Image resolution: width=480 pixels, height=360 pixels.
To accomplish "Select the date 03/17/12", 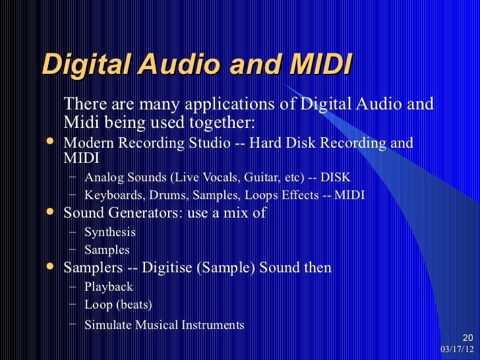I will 455,348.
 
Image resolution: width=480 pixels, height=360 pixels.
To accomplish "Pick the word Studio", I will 204,143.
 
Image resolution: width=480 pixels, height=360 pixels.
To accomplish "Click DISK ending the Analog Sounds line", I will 336,177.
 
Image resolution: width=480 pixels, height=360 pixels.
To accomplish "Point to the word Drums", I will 158,196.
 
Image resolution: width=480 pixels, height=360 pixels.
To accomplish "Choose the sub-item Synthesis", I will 110,232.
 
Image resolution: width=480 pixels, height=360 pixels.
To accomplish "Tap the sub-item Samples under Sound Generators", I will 107,251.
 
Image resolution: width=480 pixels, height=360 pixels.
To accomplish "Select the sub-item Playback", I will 109,287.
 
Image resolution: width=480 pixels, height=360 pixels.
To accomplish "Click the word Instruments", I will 210,325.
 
